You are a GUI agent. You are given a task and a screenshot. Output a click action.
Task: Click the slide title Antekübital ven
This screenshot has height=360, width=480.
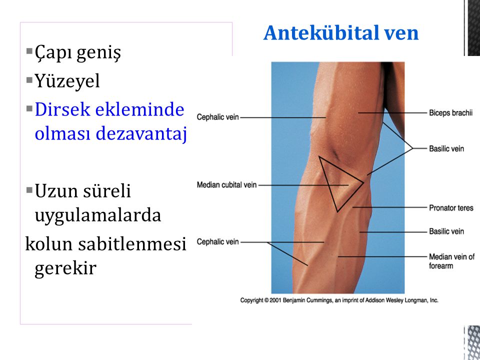(340, 33)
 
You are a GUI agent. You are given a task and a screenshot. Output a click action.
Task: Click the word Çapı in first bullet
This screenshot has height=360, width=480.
(53, 52)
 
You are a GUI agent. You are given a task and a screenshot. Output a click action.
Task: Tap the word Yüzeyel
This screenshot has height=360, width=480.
(67, 81)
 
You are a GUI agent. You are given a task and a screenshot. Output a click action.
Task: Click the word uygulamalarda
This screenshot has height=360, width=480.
(97, 215)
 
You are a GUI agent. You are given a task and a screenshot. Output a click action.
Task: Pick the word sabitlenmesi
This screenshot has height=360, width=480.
(132, 244)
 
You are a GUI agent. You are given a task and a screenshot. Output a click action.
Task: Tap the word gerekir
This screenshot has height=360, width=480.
(65, 268)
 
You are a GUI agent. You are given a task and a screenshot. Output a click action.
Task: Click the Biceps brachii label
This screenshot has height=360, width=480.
(450, 113)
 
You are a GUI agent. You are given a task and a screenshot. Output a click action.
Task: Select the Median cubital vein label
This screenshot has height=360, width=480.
(226, 185)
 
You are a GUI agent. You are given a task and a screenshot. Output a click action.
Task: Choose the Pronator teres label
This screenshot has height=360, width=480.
(451, 208)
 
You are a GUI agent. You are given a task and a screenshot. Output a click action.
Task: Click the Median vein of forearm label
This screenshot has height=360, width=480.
(451, 261)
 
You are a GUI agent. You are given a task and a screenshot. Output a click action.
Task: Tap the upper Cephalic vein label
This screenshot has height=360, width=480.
(217, 117)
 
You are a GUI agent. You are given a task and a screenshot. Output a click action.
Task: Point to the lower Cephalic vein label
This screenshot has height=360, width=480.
(217, 242)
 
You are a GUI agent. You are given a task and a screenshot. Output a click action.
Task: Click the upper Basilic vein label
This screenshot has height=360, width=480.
(446, 149)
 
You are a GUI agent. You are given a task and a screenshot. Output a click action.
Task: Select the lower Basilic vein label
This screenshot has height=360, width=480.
(446, 231)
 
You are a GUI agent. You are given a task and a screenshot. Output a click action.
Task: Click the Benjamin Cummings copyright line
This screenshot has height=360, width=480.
(339, 300)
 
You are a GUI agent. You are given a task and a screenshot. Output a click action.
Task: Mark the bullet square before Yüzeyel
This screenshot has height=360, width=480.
(29, 80)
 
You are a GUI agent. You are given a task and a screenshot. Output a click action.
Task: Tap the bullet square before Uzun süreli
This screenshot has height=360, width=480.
(29, 190)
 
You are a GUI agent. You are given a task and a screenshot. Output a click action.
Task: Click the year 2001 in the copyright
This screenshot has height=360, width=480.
(275, 300)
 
